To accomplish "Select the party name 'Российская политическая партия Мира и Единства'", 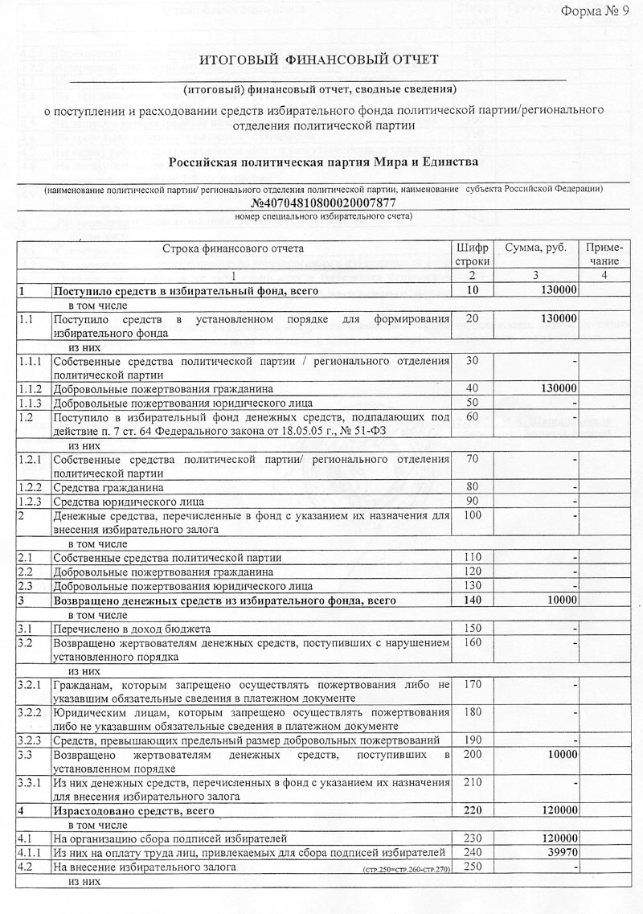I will [x=323, y=163].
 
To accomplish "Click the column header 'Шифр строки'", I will [x=472, y=255].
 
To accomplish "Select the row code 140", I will [x=472, y=600].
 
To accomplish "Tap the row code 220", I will [x=472, y=811].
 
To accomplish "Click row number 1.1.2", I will [x=28, y=387].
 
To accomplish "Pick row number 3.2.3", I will [x=30, y=740].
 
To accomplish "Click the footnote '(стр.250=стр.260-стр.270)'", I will [x=407, y=870].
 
